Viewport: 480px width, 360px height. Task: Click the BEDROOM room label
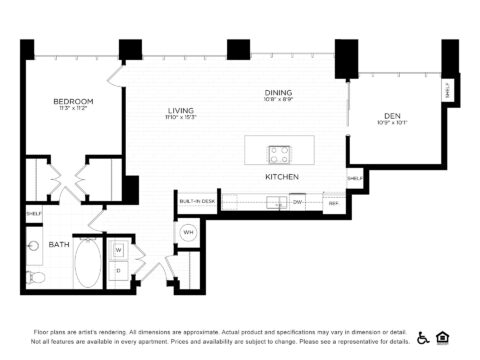pos(73,101)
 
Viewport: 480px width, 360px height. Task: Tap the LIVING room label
pos(180,110)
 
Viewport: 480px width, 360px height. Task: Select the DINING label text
pos(278,92)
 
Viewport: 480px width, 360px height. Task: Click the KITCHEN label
pos(281,177)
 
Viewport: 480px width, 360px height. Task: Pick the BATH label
pos(46,242)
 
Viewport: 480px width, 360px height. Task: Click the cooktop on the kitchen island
pos(279,154)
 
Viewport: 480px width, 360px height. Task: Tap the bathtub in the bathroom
pos(87,262)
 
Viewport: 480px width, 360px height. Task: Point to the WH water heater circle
pos(188,234)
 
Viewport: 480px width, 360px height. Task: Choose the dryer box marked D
pos(117,270)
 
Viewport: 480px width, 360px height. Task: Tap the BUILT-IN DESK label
pos(196,202)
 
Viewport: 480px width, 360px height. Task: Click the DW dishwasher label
pos(297,202)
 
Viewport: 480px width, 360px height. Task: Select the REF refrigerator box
pos(333,202)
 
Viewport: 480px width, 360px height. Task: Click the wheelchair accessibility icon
pos(423,337)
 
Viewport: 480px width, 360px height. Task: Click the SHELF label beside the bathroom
pos(33,214)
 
